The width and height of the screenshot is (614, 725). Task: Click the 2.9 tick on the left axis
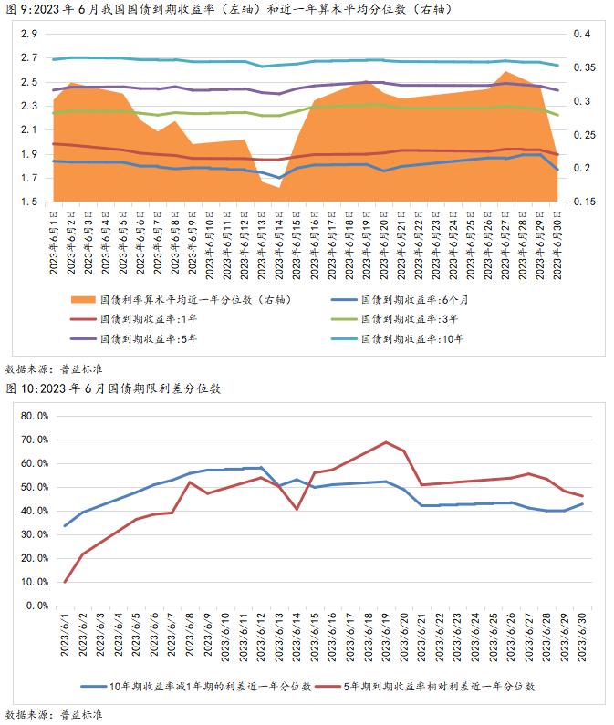point(28,35)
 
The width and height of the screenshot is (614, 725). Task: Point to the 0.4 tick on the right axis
point(582,35)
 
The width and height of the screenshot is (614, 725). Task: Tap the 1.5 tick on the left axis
point(28,202)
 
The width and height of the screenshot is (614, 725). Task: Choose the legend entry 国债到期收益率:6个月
point(415,299)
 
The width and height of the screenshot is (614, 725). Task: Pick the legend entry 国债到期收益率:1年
point(141,318)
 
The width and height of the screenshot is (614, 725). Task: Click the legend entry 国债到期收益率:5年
point(141,338)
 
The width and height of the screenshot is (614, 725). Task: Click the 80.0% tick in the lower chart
point(33,416)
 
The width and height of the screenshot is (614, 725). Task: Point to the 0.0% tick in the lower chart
point(36,606)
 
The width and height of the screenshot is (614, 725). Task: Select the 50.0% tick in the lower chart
point(33,487)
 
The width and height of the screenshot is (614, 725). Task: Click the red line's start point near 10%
point(65,582)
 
